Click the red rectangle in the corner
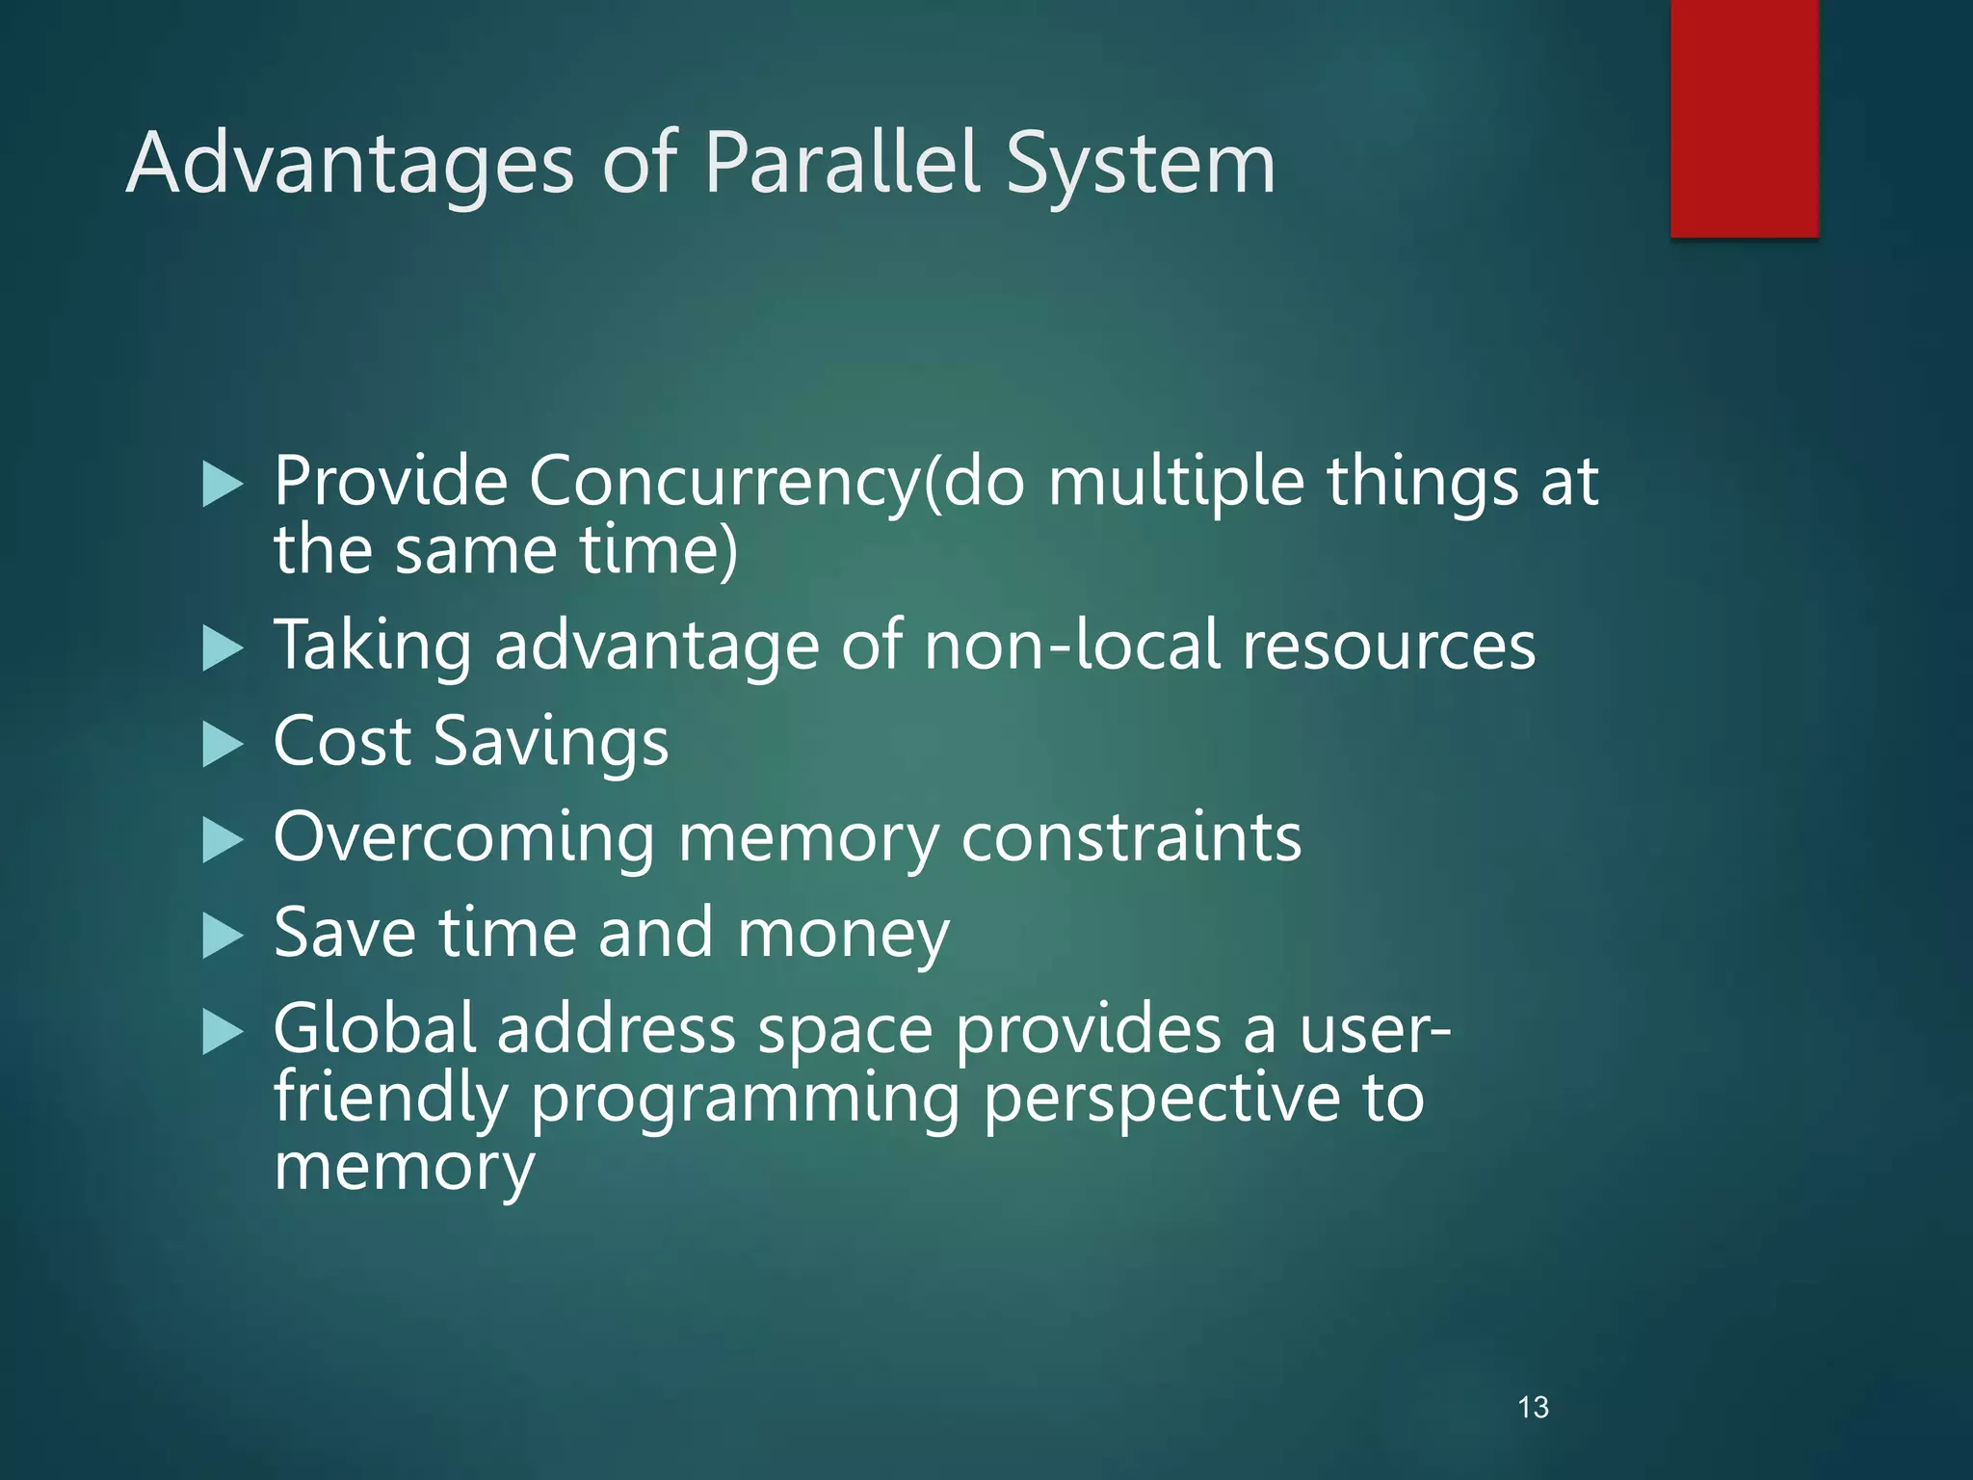[1744, 118]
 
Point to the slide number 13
[1533, 1408]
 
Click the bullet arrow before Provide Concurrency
[223, 484]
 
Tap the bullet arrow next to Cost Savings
[223, 744]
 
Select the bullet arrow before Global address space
[223, 1032]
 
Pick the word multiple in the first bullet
[1175, 482]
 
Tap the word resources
[1388, 646]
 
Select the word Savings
[551, 742]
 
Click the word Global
[375, 1029]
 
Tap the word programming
[745, 1098]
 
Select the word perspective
[1161, 1098]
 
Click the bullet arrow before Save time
[223, 936]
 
